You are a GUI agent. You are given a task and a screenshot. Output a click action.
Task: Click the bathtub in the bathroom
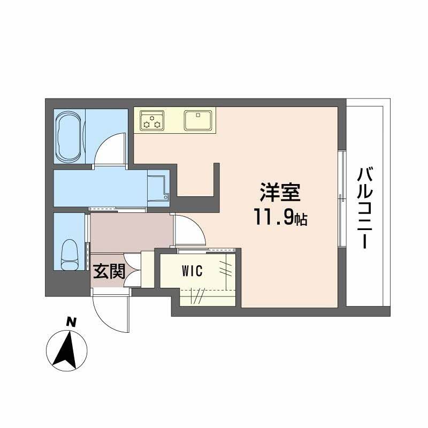(69, 136)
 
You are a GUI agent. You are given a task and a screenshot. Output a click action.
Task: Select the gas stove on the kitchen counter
(151, 120)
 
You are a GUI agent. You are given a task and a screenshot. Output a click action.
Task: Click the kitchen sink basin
(199, 120)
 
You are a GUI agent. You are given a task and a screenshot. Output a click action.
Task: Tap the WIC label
(191, 271)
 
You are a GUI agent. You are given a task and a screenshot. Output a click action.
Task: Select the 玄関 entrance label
(109, 271)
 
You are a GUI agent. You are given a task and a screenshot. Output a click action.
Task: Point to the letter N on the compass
(70, 322)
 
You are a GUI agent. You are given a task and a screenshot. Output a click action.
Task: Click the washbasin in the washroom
(157, 188)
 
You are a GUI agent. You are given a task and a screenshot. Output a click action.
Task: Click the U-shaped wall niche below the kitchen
(198, 182)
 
